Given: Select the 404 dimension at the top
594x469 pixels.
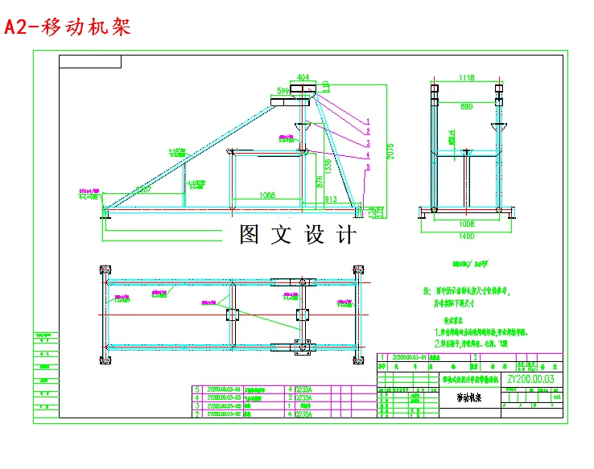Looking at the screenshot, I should (x=303, y=78).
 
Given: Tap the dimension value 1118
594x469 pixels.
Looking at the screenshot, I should (x=467, y=78).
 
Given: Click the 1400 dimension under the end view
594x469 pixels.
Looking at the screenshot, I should (x=467, y=237).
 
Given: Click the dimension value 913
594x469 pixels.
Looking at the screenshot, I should (x=330, y=199).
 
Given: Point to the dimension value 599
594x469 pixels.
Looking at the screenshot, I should (x=283, y=91).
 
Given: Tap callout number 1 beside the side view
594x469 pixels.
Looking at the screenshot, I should (x=367, y=120).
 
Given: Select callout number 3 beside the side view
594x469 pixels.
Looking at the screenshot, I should (x=368, y=142).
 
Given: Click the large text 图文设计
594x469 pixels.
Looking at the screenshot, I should (x=297, y=235).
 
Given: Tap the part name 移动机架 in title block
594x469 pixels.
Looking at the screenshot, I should (x=472, y=397).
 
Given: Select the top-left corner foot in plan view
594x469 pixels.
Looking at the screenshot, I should (x=103, y=271).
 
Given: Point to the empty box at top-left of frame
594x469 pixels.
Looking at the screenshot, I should (x=90, y=61).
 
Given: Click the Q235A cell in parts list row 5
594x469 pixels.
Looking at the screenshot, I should (x=305, y=389).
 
